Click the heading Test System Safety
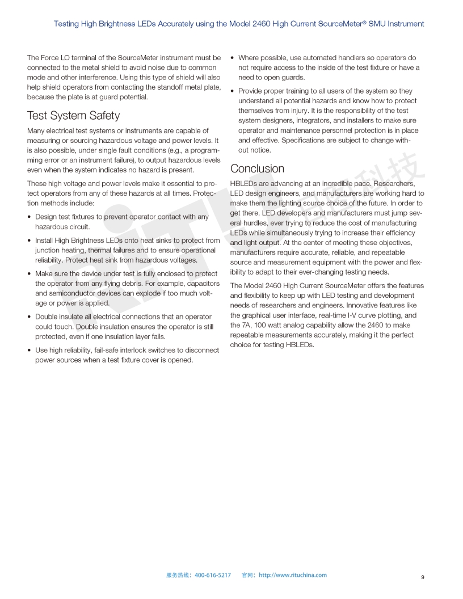(x=73, y=116)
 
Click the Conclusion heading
(x=257, y=168)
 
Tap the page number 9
(x=423, y=577)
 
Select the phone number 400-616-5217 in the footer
(x=213, y=575)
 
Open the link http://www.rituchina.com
(x=293, y=575)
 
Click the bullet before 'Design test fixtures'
(x=30, y=217)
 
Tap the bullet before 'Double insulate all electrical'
(x=30, y=317)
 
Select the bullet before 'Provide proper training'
(x=233, y=91)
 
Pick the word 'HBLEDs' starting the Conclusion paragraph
(x=243, y=183)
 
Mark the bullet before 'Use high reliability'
(x=30, y=351)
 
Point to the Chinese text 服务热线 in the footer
(x=178, y=575)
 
